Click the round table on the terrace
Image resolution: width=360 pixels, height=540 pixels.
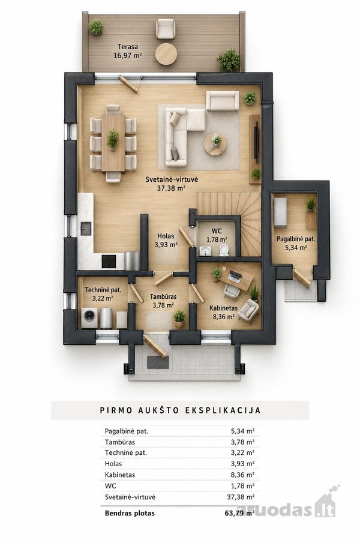coord(166,53)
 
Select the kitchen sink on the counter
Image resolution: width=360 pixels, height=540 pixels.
coord(86,229)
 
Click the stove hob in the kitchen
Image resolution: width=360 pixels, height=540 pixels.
coord(108,262)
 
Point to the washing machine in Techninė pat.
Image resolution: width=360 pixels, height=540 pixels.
coord(90,317)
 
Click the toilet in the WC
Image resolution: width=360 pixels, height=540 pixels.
coord(224,250)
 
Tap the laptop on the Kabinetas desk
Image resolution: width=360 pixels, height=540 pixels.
coord(235,275)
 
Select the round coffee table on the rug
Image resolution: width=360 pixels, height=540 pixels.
coord(215,144)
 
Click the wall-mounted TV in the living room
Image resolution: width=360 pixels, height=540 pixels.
coord(256,142)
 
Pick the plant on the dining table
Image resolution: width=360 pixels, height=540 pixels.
coord(113,139)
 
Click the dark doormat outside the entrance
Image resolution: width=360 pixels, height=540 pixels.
coord(158,362)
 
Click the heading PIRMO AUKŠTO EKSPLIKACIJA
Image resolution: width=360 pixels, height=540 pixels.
coord(180,410)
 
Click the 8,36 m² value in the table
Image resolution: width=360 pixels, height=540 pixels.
coord(242,475)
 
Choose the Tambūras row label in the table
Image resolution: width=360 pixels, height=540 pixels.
coord(120,442)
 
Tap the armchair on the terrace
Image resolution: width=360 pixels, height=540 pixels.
coord(166,29)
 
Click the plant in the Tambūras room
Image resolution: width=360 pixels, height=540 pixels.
coord(179,318)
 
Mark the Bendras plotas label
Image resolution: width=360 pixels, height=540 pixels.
coord(130,513)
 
